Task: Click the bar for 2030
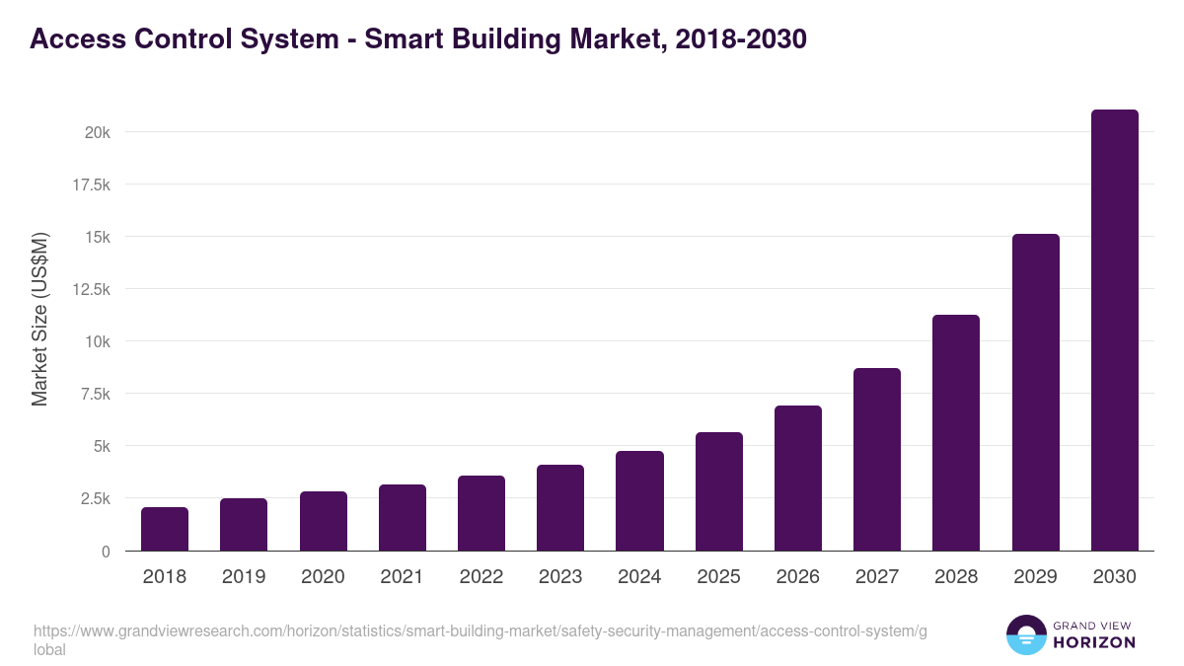click(x=1114, y=331)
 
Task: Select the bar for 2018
click(x=165, y=529)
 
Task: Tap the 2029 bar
click(x=1035, y=393)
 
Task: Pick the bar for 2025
click(x=718, y=491)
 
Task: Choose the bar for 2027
click(x=877, y=460)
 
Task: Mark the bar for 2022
click(x=481, y=513)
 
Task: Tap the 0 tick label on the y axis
click(x=105, y=552)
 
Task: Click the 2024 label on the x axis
click(x=639, y=577)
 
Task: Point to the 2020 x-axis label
click(x=323, y=577)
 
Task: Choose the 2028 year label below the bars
click(x=956, y=577)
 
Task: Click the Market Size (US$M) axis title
click(x=39, y=319)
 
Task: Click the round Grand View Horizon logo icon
click(x=1026, y=635)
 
